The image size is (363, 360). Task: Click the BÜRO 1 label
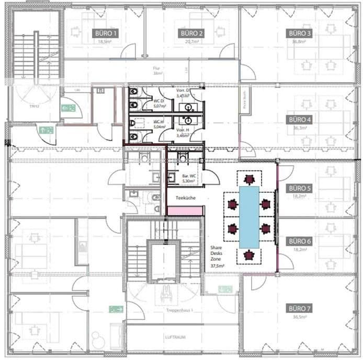[105, 32]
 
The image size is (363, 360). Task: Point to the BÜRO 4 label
[300, 119]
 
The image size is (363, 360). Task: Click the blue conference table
[249, 217]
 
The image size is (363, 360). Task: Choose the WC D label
[158, 101]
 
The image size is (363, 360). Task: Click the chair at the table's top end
[249, 179]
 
